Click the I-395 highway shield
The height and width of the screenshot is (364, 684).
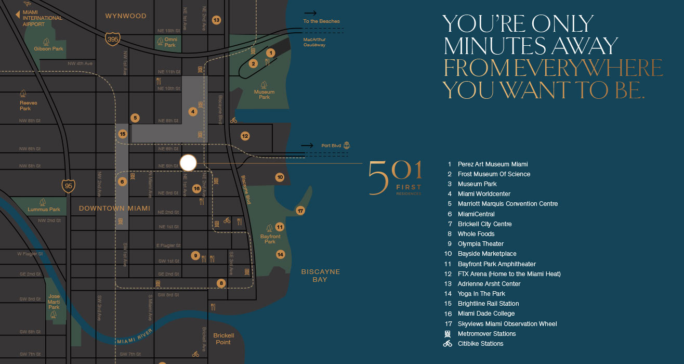[x=112, y=39]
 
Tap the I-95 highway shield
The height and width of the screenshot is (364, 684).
[x=69, y=185]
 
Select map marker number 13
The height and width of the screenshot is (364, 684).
[x=217, y=20]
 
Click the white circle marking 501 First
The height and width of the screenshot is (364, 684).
[x=188, y=163]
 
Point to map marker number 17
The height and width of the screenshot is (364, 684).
[x=300, y=211]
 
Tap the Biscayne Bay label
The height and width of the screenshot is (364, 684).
[x=320, y=276]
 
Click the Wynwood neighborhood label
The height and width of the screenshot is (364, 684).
[x=126, y=16]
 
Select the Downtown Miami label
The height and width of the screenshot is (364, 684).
[x=114, y=209]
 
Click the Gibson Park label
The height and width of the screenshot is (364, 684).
[x=48, y=49]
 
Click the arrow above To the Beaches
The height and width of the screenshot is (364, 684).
[x=310, y=12]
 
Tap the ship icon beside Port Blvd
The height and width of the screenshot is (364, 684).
[x=347, y=146]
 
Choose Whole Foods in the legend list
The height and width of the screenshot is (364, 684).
[x=476, y=234]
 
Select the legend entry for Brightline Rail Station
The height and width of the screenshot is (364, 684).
[x=488, y=304]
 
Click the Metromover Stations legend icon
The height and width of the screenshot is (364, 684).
[x=448, y=334]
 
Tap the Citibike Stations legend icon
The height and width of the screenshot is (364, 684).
[x=448, y=344]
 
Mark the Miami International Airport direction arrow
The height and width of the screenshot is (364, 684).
[x=18, y=15]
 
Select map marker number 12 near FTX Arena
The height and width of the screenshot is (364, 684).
[x=245, y=136]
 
